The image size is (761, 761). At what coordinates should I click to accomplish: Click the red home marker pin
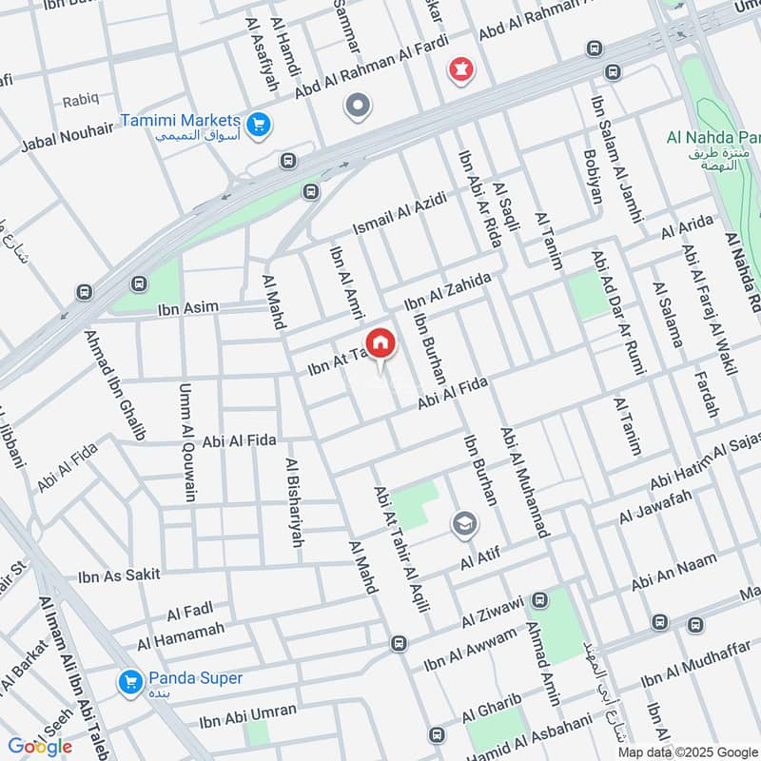click(x=380, y=343)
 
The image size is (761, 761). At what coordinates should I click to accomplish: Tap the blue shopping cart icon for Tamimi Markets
click(x=256, y=124)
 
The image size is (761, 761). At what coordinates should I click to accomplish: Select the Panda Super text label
click(x=195, y=679)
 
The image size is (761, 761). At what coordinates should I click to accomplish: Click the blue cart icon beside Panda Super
click(x=129, y=682)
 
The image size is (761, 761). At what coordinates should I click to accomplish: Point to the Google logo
click(x=40, y=747)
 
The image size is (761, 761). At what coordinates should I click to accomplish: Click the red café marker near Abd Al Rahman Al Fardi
click(x=461, y=69)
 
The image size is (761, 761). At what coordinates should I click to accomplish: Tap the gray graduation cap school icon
click(x=464, y=523)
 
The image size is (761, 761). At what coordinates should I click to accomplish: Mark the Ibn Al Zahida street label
click(x=447, y=291)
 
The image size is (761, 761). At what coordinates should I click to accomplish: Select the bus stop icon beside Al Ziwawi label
click(x=540, y=600)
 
